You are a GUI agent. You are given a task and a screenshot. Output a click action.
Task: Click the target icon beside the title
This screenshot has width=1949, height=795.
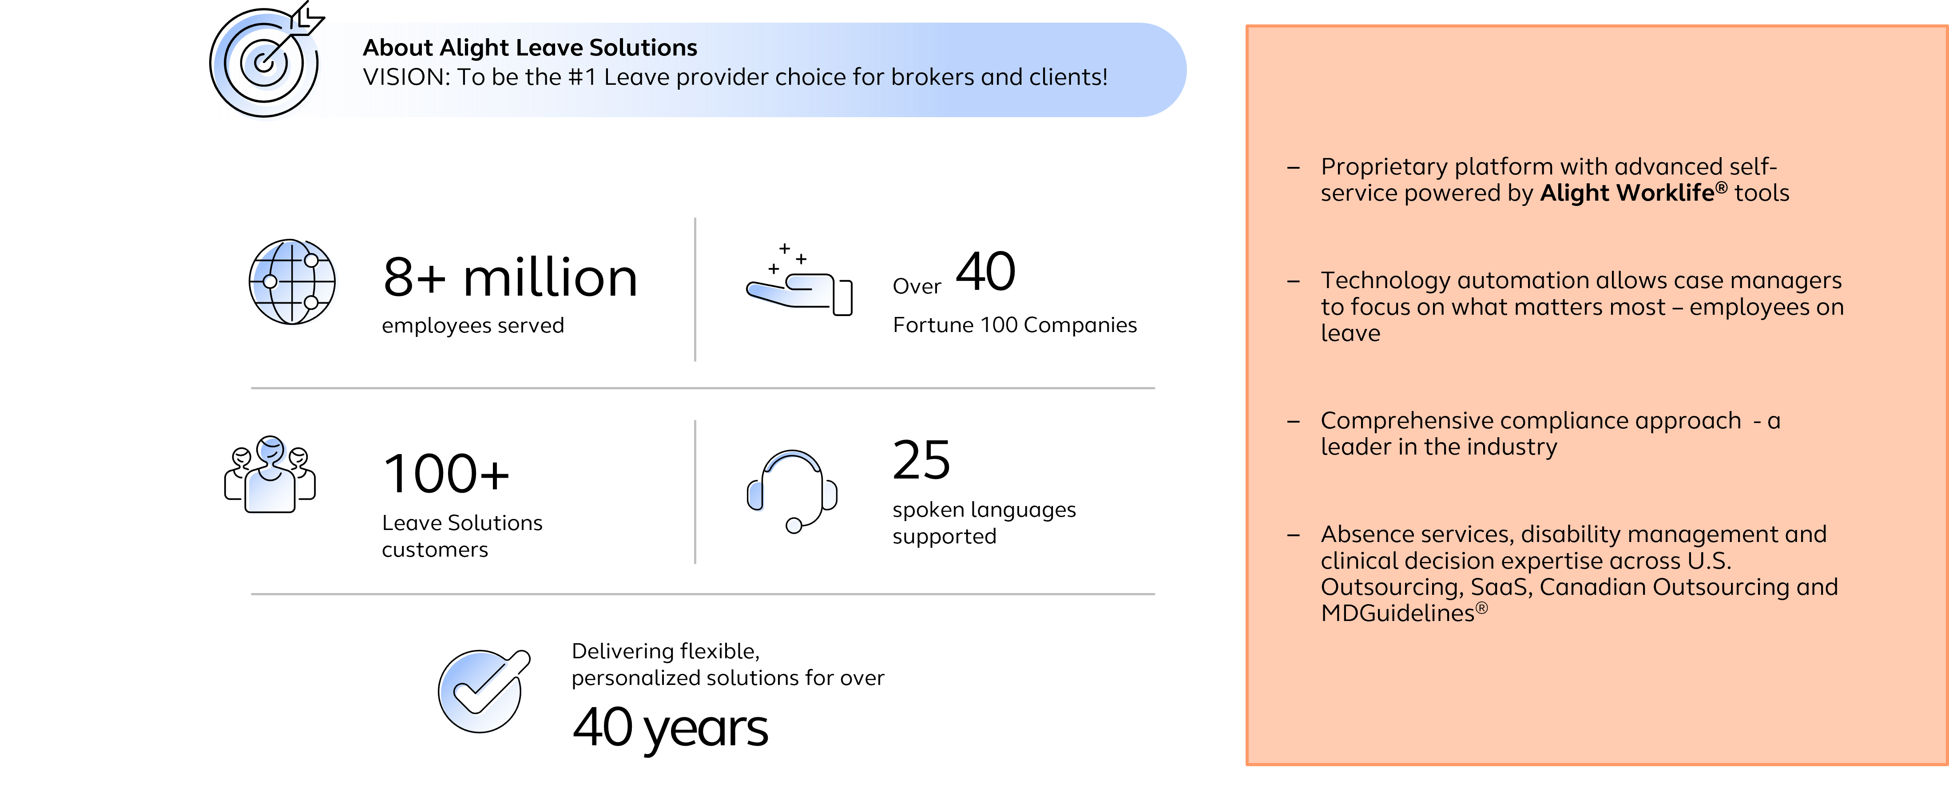point(264,64)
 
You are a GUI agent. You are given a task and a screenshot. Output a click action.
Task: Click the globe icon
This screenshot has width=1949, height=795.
point(295,284)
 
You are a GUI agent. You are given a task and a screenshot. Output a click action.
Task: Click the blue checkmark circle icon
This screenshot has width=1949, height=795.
point(481,693)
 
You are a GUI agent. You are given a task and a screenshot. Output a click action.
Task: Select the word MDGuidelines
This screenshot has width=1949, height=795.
point(1397,613)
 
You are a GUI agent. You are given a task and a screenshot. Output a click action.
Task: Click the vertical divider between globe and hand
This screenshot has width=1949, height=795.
point(695,290)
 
